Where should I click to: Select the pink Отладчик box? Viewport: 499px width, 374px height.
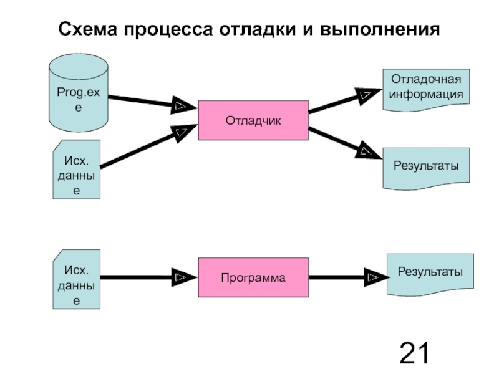pos(253,120)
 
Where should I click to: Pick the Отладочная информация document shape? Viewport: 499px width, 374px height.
pos(425,89)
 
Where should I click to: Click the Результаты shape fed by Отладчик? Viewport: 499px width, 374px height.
pos(425,167)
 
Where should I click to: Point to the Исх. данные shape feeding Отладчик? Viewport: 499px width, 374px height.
pos(77,170)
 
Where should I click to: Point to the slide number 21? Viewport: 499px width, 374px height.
pos(414,353)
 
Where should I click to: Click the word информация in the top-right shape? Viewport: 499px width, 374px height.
pos(426,95)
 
